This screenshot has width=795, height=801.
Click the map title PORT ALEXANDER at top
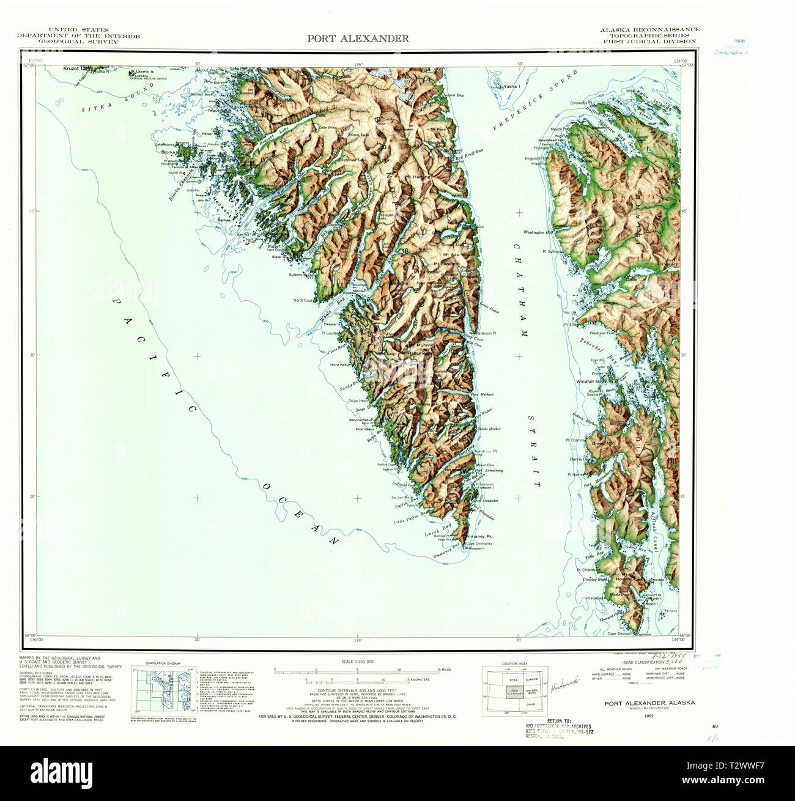pyautogui.click(x=358, y=39)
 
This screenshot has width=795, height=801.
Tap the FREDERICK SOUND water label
pyautogui.click(x=536, y=101)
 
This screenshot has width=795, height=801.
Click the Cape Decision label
pyautogui.click(x=619, y=634)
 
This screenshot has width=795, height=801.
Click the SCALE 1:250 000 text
pyautogui.click(x=357, y=662)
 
